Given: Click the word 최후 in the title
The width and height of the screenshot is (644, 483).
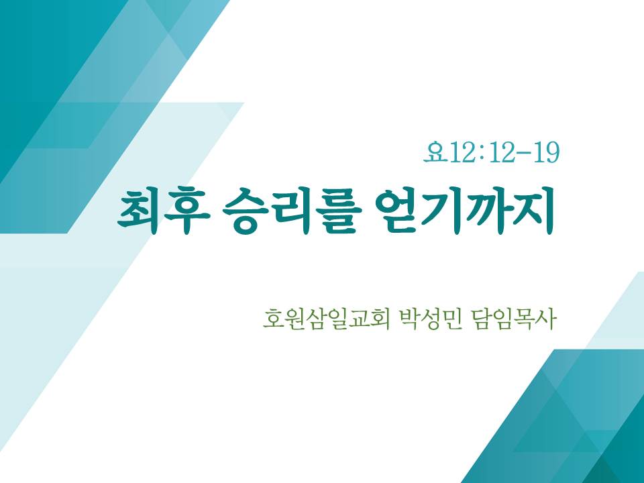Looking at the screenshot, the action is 164,211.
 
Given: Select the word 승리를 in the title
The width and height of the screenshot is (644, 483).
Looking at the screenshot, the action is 292,211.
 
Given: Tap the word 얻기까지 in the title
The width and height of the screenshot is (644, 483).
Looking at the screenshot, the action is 464,211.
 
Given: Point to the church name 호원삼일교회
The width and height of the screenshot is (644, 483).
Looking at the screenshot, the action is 326,319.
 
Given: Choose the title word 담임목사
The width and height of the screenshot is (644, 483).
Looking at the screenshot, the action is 515,319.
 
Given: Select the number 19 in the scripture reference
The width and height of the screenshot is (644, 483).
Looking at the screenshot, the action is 547,152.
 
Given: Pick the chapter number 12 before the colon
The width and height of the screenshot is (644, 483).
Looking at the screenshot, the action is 462,152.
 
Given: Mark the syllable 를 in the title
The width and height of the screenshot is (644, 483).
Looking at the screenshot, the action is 339,211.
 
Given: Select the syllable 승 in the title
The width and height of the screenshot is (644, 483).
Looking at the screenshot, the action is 246,211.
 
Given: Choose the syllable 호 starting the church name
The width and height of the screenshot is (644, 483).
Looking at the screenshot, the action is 273,319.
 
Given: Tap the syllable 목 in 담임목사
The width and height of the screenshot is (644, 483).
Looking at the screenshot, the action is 525,319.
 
